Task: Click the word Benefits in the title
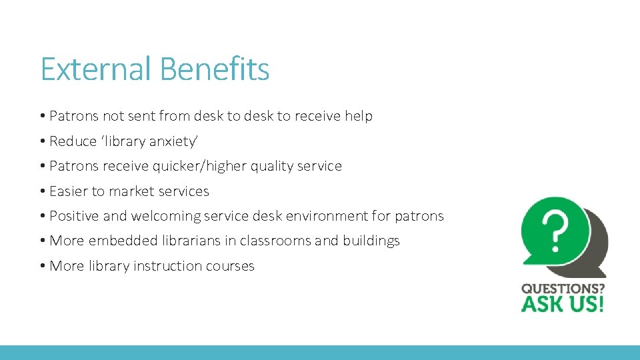coord(215,69)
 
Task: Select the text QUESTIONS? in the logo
coord(563,289)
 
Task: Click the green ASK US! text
coord(563,305)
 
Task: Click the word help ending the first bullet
coord(359,116)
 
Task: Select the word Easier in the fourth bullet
coord(69,191)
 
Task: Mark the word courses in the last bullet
coord(230,266)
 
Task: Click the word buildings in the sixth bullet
coord(371,241)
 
